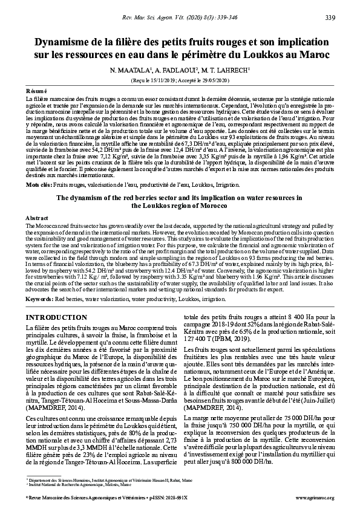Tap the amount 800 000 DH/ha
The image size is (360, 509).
pos(255,446)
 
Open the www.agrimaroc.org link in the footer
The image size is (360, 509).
pos(315,498)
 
